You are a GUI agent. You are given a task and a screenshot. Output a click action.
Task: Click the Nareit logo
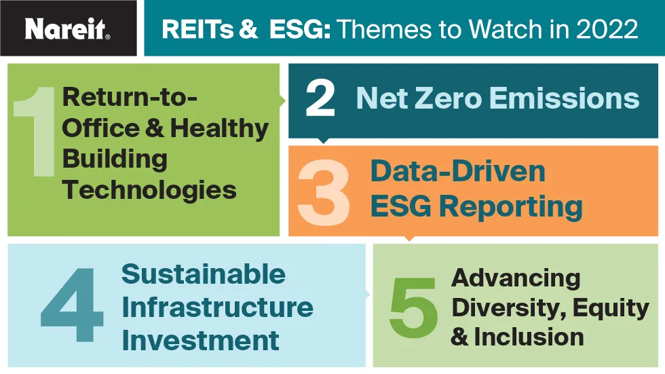67,29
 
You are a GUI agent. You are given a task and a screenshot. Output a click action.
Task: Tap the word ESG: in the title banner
300,29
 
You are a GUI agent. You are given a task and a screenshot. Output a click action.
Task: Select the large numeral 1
35,131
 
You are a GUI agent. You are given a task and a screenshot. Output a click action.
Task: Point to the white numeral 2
320,99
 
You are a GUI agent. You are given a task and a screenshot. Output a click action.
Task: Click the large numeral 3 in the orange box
324,193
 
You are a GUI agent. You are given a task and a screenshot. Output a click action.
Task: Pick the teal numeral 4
72,305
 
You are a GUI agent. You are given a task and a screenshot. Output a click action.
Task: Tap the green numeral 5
413,308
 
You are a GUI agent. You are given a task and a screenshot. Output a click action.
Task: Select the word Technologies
149,189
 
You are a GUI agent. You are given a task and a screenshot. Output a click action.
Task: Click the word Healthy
219,128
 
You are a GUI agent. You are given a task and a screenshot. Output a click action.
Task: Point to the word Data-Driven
457,171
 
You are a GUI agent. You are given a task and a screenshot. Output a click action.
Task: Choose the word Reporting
510,207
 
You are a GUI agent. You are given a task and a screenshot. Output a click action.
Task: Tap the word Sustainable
204,274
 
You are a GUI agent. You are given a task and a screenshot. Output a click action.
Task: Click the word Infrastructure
218,307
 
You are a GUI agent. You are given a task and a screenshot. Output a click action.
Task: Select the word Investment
201,340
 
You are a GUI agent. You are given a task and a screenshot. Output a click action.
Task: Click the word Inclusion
529,337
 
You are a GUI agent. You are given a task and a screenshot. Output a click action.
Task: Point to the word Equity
611,308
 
